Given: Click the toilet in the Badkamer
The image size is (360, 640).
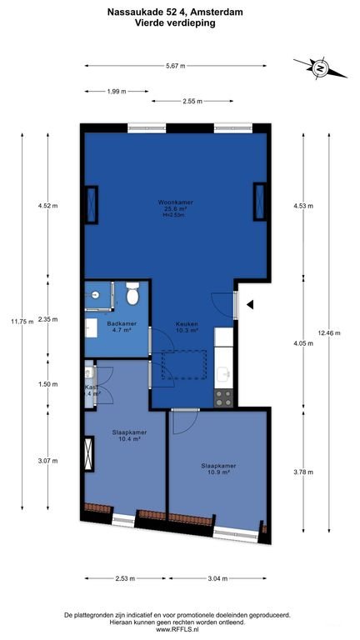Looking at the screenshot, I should (132, 296).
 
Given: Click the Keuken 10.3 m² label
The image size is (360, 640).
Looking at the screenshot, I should (187, 327).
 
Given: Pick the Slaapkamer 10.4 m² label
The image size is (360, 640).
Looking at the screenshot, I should (129, 436).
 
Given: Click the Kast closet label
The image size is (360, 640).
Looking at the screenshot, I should (92, 391).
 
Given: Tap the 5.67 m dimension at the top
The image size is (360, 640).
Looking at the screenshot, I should (175, 66).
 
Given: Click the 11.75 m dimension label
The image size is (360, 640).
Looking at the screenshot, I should (21, 321).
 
